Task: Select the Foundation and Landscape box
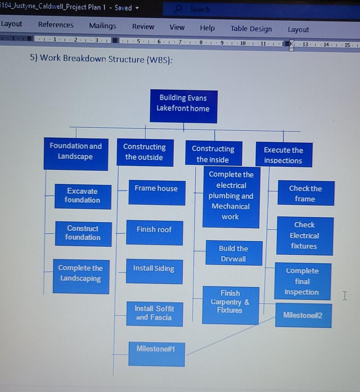[x=76, y=154]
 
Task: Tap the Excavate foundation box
[x=83, y=197]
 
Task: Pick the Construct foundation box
[x=83, y=234]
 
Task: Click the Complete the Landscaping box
[x=81, y=276]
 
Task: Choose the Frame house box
[x=157, y=192]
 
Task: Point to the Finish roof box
[x=155, y=232]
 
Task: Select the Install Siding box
[x=154, y=271]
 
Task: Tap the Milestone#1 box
[x=157, y=354]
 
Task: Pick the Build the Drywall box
[x=234, y=253]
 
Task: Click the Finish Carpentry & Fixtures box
[x=230, y=305]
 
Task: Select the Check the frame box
[x=305, y=193]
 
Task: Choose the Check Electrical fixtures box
[x=305, y=236]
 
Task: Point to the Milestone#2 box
[x=303, y=315]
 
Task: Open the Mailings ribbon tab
[x=102, y=26]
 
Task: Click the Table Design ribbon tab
[x=251, y=29]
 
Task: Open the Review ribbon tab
[x=143, y=27]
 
